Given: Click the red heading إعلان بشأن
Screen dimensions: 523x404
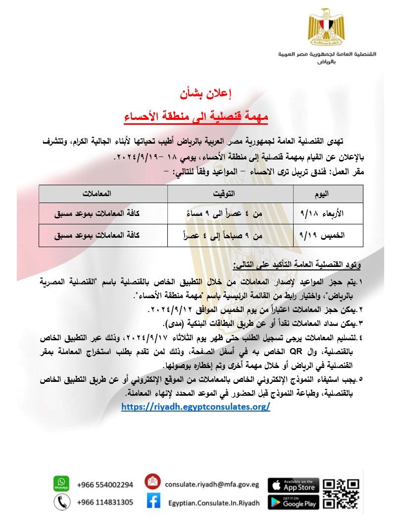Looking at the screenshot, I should click(203, 94).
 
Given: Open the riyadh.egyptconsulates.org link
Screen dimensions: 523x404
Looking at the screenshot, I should click(196, 406).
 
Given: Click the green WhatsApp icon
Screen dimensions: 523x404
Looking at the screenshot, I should click(61, 483).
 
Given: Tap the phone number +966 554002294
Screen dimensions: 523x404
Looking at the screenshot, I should click(105, 484).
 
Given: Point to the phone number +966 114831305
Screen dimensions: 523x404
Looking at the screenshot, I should click(105, 502).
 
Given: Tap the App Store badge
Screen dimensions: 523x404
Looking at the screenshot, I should click(293, 485).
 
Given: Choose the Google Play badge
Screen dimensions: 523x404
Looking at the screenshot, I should click(293, 502).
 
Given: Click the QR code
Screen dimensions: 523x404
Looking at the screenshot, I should click(341, 494).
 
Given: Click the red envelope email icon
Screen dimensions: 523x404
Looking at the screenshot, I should click(153, 482).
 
